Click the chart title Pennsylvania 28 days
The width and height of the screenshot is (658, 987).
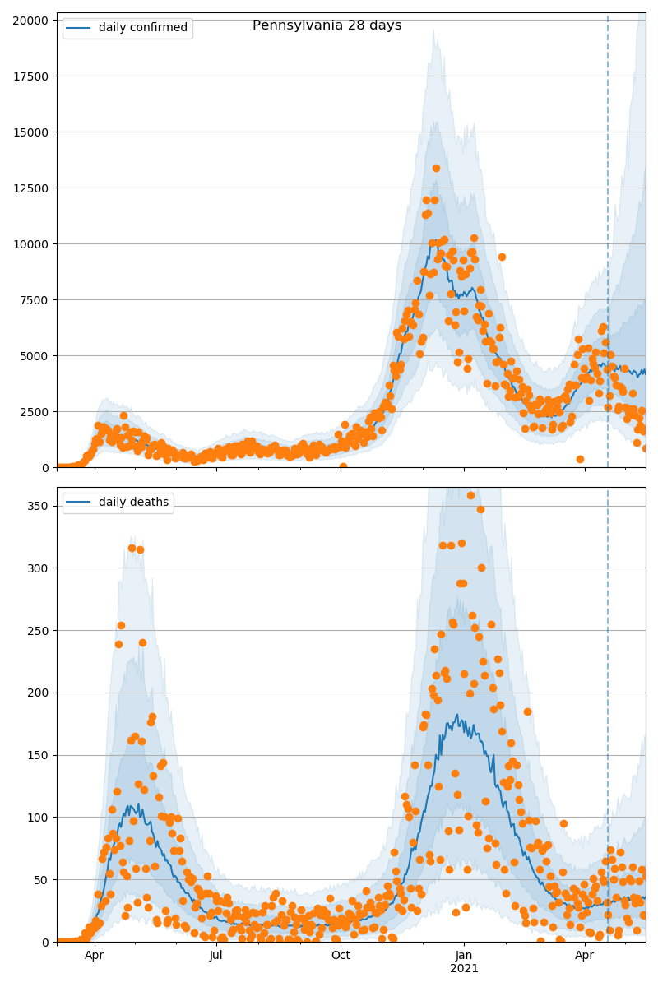point(327,25)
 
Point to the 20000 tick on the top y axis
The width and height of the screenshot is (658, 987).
point(30,20)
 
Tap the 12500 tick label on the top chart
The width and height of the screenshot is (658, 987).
point(30,188)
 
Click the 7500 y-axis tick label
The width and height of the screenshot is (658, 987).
point(34,300)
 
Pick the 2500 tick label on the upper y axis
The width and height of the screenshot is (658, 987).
point(34,412)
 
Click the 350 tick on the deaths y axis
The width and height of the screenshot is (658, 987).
point(39,506)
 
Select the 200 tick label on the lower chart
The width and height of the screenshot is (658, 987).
point(39,693)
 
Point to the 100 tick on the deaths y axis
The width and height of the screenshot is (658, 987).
point(39,818)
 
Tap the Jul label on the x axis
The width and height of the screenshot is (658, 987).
point(216,956)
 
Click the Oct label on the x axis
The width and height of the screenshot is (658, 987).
point(341,956)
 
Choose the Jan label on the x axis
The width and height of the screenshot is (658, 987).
point(464,956)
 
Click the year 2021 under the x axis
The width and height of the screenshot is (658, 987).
point(464,969)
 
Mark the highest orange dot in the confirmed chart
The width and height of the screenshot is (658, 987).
point(436,168)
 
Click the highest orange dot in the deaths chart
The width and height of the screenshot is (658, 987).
point(470,495)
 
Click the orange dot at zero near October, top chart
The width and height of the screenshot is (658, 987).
point(343,466)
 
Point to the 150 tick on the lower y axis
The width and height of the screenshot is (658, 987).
point(39,755)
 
